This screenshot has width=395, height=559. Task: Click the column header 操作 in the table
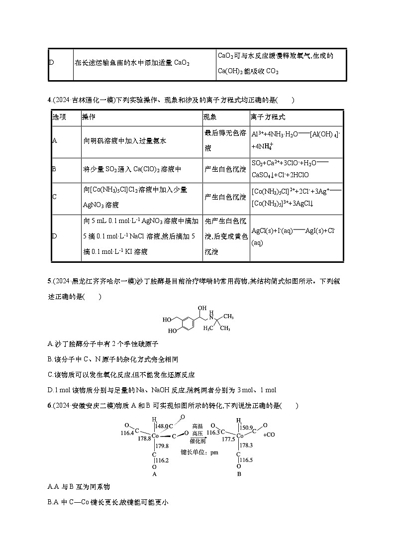point(89,117)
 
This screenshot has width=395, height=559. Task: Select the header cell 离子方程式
point(269,117)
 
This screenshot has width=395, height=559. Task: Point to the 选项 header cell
point(59,117)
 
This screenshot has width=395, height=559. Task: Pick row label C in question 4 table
point(54,197)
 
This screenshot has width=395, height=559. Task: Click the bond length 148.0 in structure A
point(162,427)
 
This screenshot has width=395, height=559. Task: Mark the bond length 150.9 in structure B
point(247,427)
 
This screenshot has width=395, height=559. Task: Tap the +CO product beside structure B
point(268,435)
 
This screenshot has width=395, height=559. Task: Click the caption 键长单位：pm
point(199,452)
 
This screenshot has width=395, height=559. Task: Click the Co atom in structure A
point(155,436)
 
